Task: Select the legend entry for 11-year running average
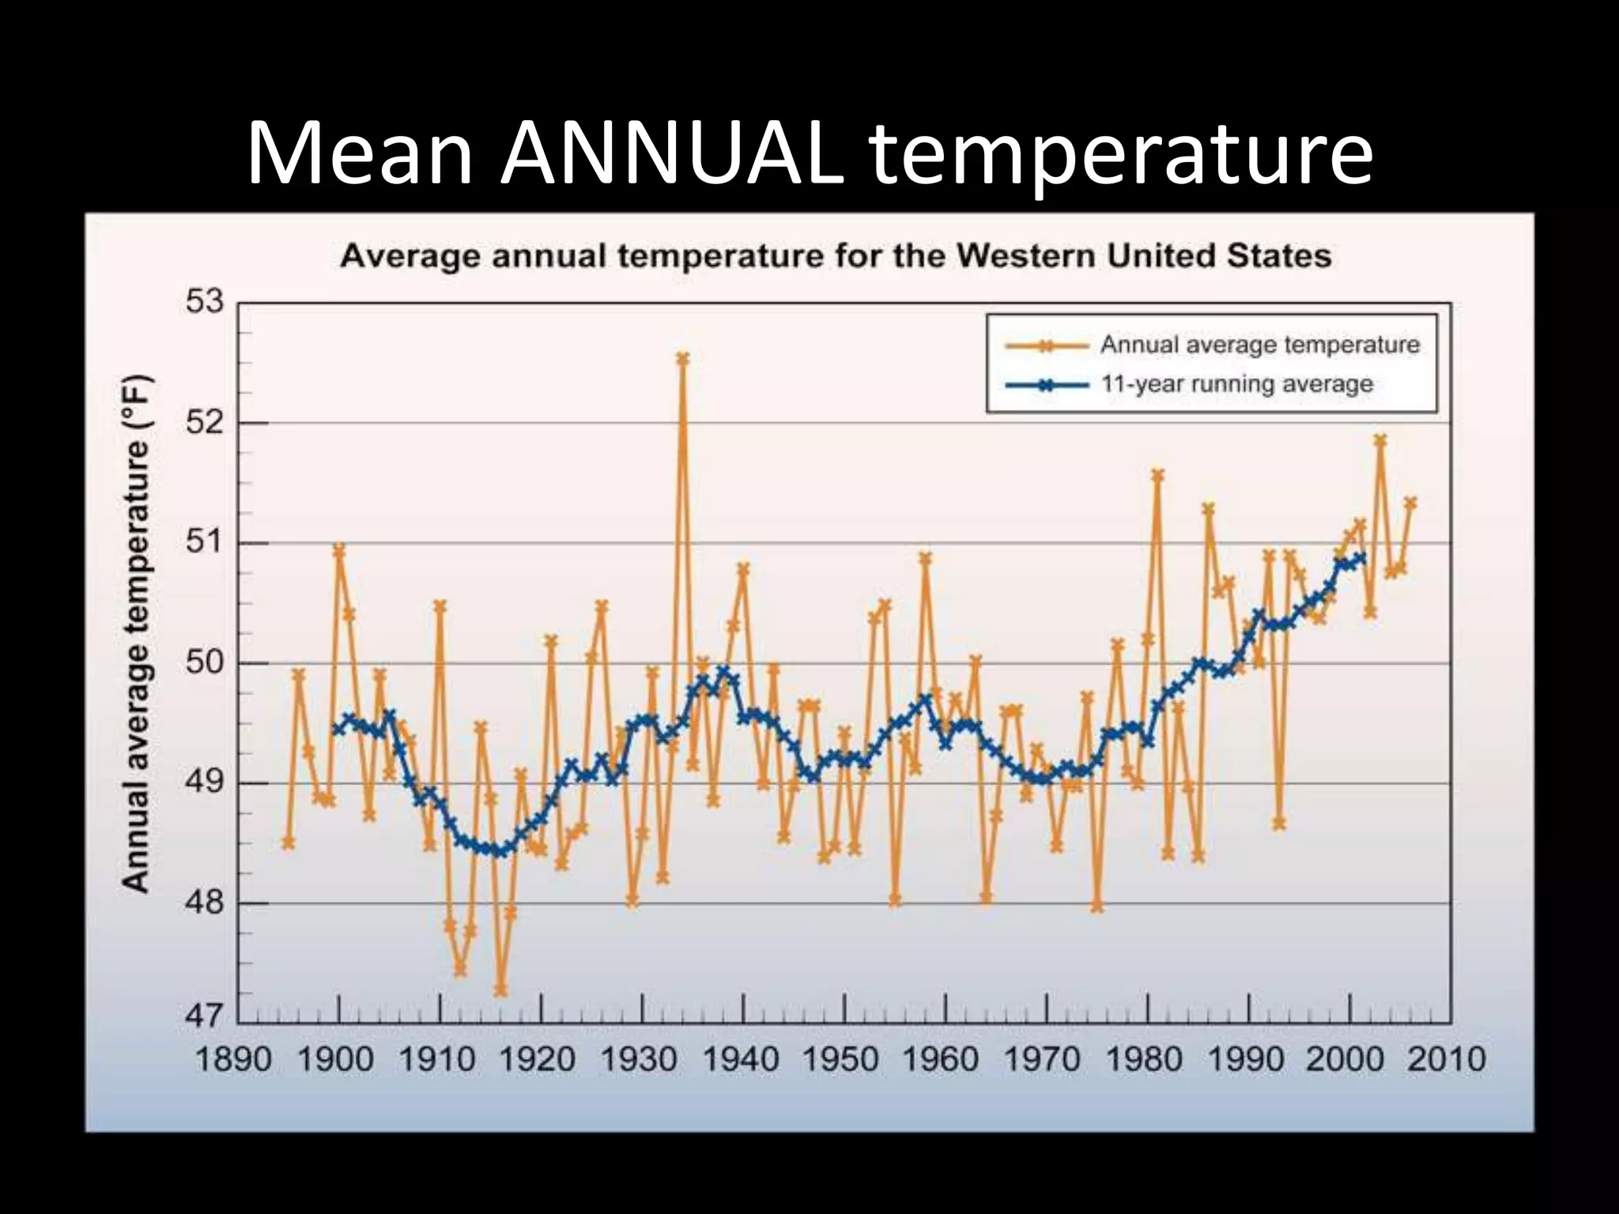click(x=1236, y=385)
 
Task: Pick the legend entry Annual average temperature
click(x=1259, y=345)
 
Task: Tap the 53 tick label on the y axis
click(x=205, y=302)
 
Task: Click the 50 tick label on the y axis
click(x=205, y=662)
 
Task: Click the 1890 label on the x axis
click(x=233, y=1059)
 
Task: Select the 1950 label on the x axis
click(x=840, y=1059)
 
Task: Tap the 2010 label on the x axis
click(x=1447, y=1059)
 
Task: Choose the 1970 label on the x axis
click(x=1042, y=1059)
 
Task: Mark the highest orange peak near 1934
click(x=683, y=359)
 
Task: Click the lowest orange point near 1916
click(x=500, y=990)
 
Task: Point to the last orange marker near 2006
click(x=1410, y=503)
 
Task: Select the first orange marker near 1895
click(x=289, y=843)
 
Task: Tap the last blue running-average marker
click(x=1360, y=558)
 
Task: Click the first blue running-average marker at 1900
click(x=338, y=729)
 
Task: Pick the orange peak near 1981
click(x=1158, y=475)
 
